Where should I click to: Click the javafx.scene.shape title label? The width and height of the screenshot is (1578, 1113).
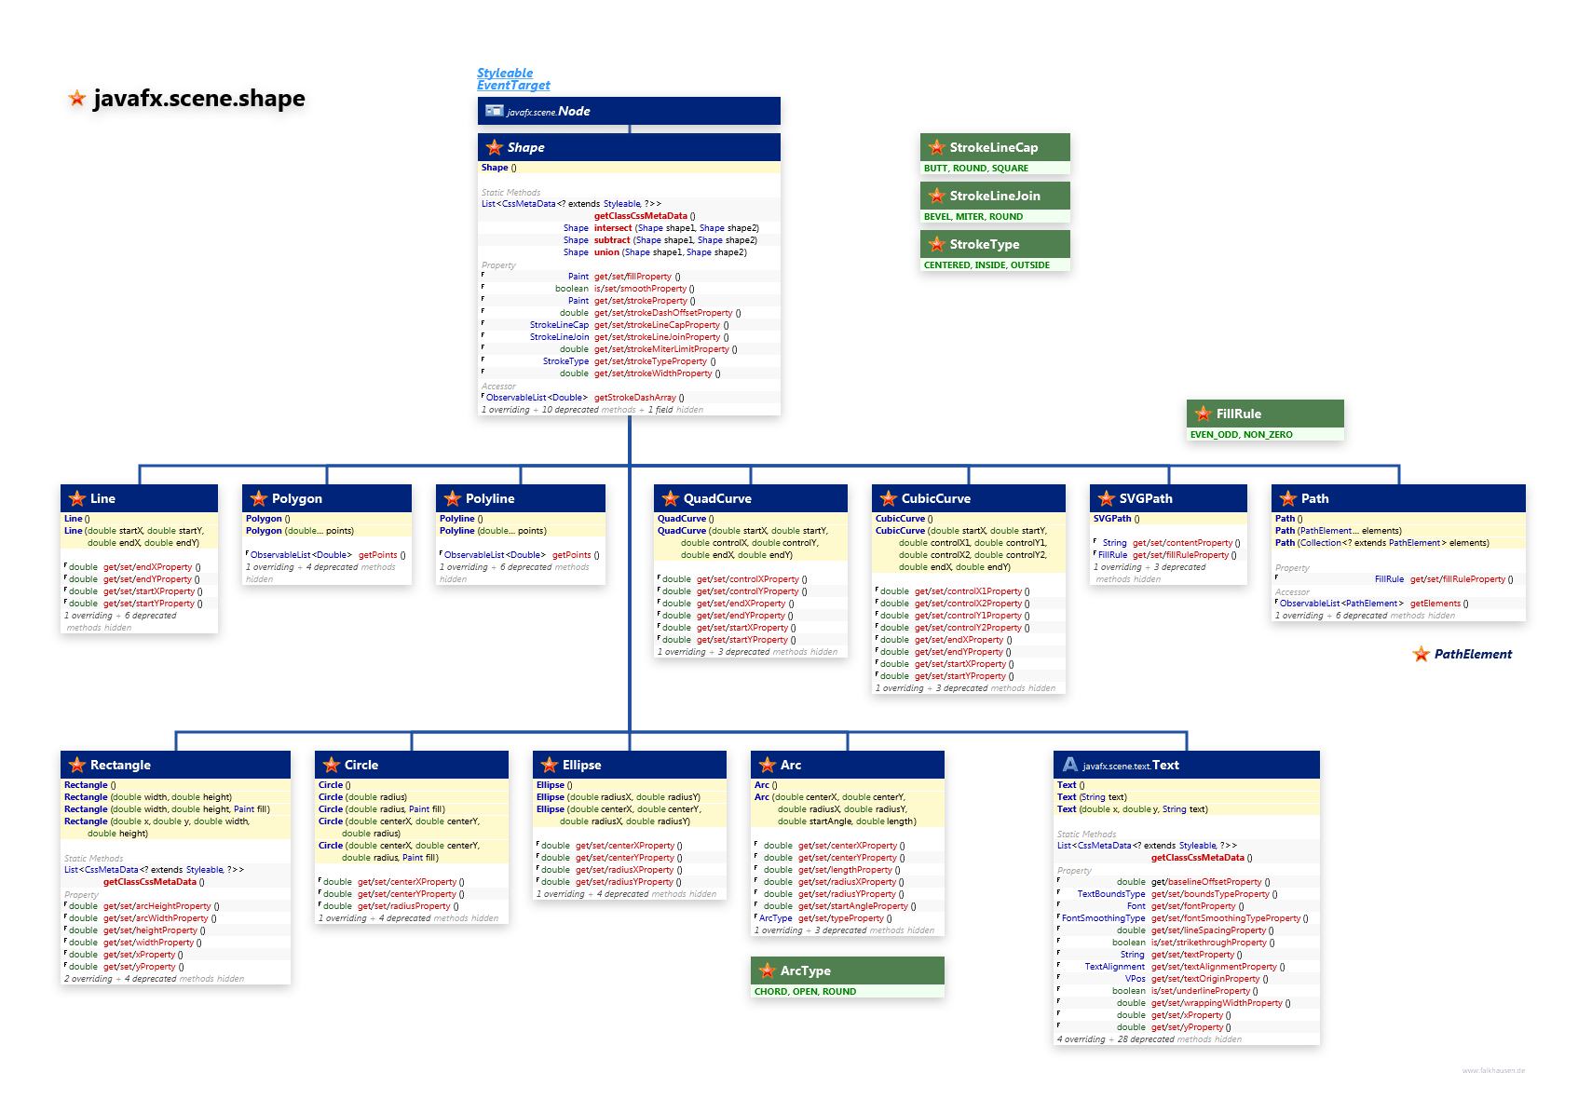(198, 99)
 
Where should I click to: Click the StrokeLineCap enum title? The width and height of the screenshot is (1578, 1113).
(993, 147)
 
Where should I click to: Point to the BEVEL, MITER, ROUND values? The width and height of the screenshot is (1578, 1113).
(973, 216)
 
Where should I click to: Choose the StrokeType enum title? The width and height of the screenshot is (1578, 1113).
(984, 244)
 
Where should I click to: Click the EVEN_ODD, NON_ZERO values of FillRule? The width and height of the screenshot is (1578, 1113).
(1241, 434)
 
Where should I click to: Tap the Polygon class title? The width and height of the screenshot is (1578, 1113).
(296, 498)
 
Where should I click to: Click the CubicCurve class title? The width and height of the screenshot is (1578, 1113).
(935, 498)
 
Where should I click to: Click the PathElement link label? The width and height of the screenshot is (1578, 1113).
(1473, 654)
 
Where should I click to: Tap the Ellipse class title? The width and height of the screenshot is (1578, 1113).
(581, 765)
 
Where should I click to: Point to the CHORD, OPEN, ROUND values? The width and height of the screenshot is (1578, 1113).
(805, 991)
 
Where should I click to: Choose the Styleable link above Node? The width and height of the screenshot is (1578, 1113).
(505, 73)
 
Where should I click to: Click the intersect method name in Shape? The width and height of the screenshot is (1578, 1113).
(612, 228)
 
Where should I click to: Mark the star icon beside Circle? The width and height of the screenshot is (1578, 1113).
(331, 765)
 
